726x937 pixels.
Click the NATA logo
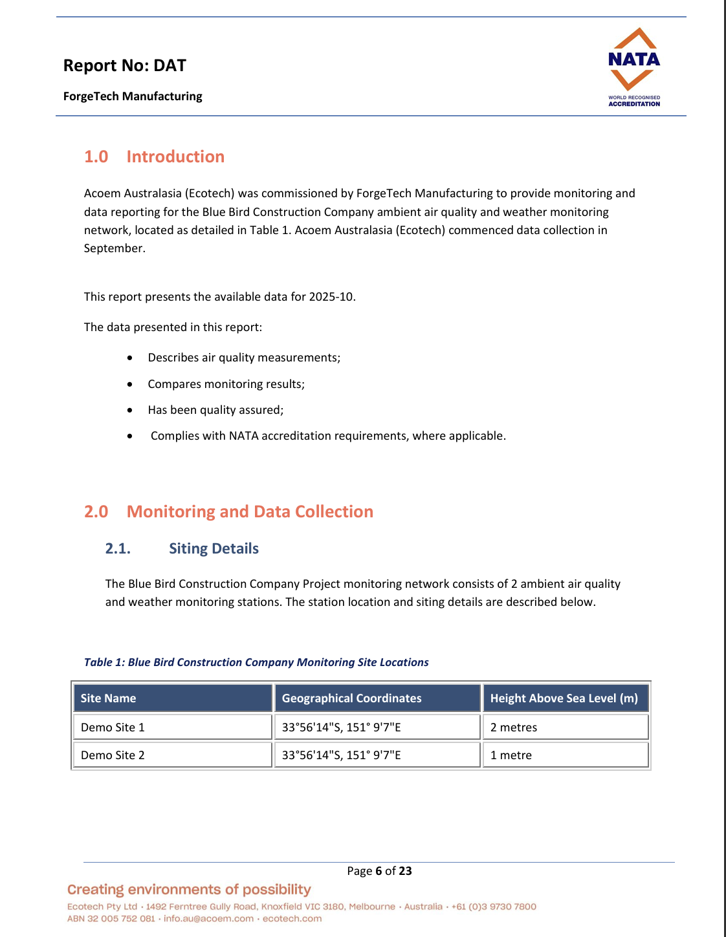coord(633,67)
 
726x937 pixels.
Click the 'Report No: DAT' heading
coord(125,65)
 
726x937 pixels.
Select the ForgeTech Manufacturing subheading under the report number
coord(133,96)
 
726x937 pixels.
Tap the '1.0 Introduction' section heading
coord(154,156)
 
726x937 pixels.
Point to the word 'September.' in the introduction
coord(115,248)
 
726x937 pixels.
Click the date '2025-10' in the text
coord(331,297)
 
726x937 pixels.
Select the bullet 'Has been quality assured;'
coord(215,410)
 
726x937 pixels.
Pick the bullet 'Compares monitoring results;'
coord(226,384)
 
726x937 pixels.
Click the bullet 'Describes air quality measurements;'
coord(244,358)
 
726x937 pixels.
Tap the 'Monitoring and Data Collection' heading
coord(250,512)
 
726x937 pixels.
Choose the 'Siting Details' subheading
coord(214,548)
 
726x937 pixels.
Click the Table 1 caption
coord(256,662)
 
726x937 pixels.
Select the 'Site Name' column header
coord(108,698)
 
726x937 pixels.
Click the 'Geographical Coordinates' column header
coord(351,698)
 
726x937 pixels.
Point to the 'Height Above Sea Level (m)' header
coord(564,698)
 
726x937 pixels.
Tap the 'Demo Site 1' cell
coord(113,727)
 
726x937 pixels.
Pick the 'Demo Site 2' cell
coord(113,755)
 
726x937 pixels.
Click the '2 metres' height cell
coord(514,727)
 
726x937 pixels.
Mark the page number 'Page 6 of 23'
coord(379,871)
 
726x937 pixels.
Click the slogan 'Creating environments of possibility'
coord(189,890)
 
